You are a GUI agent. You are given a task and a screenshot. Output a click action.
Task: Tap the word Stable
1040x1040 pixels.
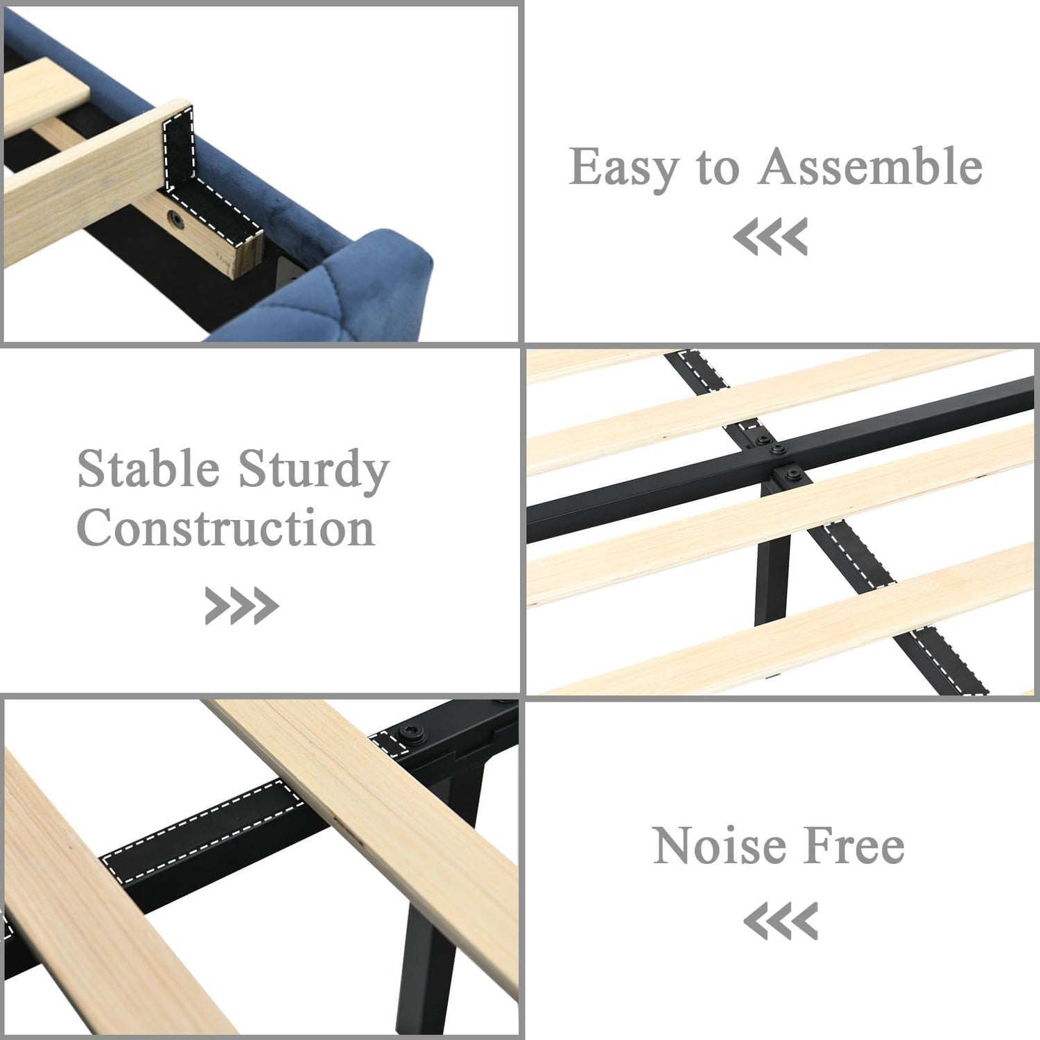[148, 469]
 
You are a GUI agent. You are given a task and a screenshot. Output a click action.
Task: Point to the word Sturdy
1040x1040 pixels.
[313, 471]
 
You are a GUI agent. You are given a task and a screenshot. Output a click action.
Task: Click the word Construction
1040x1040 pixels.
[226, 528]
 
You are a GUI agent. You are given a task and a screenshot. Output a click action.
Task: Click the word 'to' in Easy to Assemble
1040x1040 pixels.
[718, 169]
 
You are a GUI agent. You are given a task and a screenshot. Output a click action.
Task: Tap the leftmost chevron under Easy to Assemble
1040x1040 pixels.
[745, 236]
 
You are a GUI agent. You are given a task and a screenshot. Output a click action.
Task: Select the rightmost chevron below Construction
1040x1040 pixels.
[266, 605]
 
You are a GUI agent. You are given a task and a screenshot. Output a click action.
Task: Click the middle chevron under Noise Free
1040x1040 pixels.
[781, 921]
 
